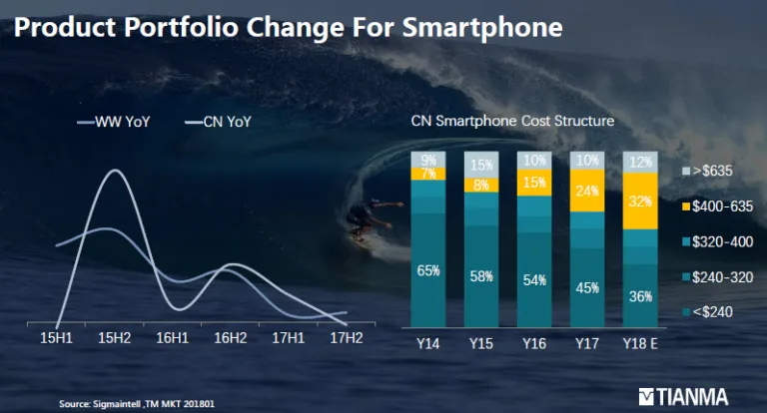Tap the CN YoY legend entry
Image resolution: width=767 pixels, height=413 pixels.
[x=219, y=123]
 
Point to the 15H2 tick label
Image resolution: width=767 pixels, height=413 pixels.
[x=114, y=339]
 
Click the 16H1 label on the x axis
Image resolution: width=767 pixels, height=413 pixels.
[x=173, y=339]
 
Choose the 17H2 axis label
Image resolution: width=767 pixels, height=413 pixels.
[x=347, y=339]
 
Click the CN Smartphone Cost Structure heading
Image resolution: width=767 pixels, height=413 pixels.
[x=512, y=122]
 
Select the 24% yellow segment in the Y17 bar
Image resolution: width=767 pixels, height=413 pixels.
[x=586, y=191]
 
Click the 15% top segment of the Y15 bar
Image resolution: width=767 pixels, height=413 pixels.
[x=482, y=164]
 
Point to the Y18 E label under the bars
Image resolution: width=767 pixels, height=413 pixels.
[x=641, y=342]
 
